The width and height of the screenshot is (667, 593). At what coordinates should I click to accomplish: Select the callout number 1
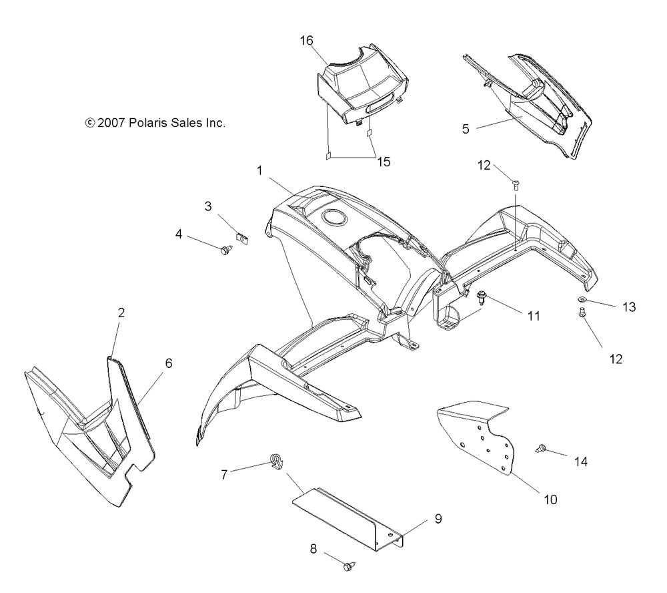[259, 171]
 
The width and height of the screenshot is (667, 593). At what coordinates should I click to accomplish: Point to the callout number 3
[208, 207]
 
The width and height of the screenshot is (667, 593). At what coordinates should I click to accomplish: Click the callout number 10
[550, 498]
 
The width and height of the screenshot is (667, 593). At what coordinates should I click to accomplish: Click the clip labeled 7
[275, 461]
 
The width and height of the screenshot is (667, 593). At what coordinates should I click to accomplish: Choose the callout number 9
[438, 518]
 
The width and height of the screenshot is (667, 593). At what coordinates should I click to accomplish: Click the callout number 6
[169, 363]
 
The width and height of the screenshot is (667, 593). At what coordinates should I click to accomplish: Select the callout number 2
[121, 313]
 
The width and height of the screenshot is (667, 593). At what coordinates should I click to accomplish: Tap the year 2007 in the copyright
[109, 123]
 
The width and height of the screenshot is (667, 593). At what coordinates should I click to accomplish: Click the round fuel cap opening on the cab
[331, 218]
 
